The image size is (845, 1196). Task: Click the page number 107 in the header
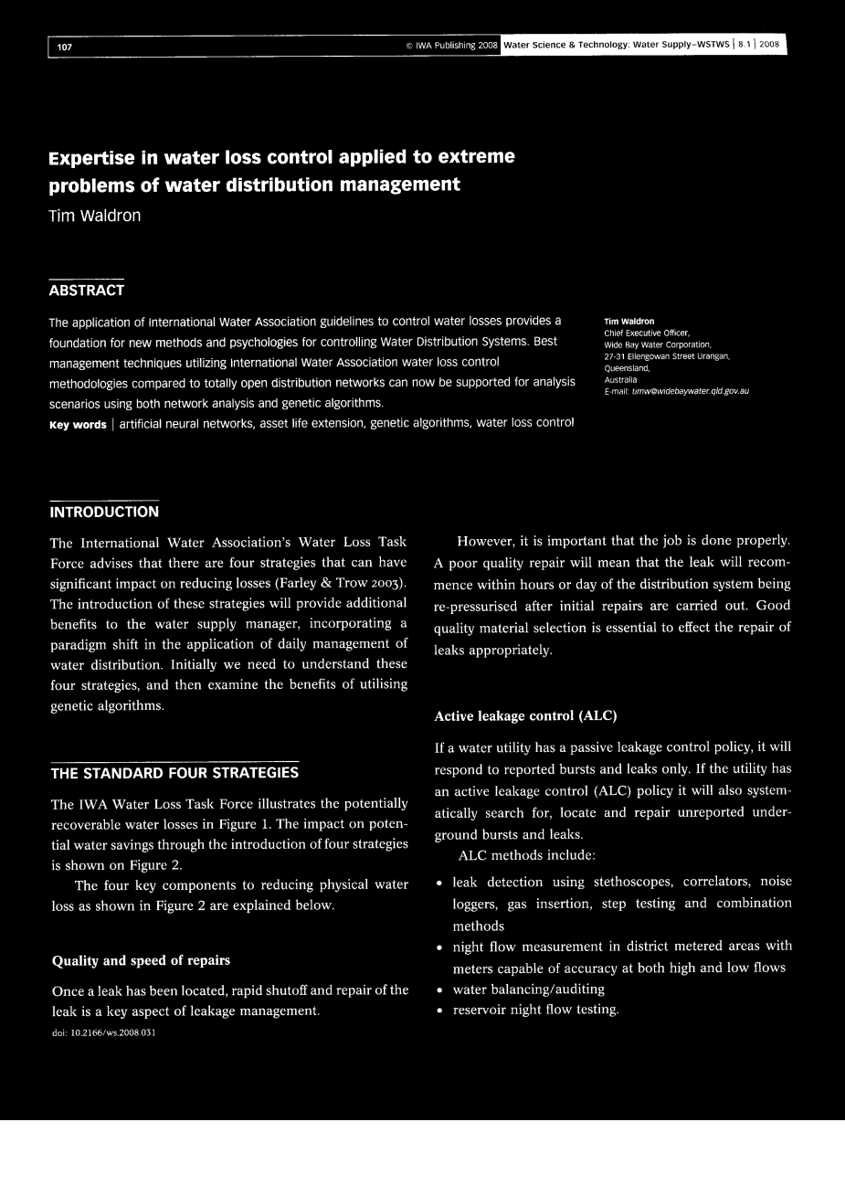[x=64, y=47]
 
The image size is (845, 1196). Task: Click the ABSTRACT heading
[x=86, y=291]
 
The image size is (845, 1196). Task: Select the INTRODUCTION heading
[x=103, y=512]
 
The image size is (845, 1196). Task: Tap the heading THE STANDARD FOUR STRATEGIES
[x=174, y=773]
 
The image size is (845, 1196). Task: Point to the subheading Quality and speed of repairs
[x=141, y=960]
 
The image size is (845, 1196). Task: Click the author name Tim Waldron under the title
[x=95, y=217]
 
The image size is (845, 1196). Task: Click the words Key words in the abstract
[x=78, y=424]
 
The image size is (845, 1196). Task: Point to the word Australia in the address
[x=620, y=379]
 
